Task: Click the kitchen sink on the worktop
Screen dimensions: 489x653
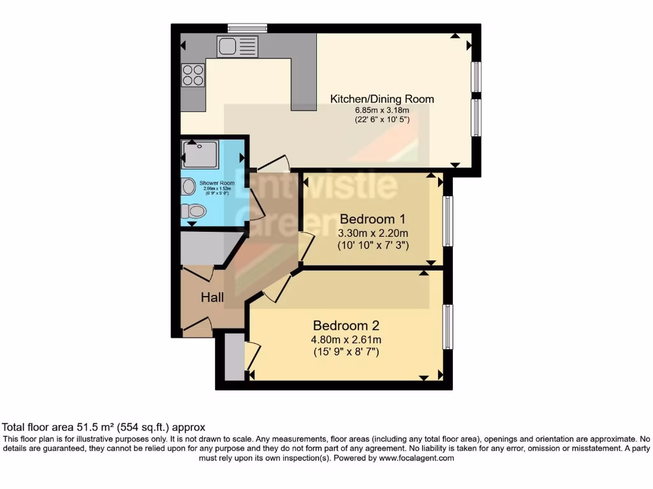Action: click(x=237, y=46)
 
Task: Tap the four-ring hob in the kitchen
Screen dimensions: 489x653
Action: click(x=193, y=76)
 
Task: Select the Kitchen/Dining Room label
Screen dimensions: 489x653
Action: click(x=381, y=99)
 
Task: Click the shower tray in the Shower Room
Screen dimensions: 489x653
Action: click(x=201, y=153)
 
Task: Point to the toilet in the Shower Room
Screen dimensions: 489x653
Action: click(x=194, y=211)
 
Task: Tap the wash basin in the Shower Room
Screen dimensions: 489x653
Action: click(x=188, y=186)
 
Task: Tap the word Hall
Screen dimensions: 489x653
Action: click(x=212, y=297)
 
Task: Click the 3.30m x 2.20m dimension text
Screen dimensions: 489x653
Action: click(x=373, y=232)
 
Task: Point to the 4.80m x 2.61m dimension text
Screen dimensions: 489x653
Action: click(x=346, y=339)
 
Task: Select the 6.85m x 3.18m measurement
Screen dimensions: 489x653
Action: click(x=382, y=110)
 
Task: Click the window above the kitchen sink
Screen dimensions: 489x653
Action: click(x=247, y=27)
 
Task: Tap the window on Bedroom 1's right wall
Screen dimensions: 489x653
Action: click(x=448, y=221)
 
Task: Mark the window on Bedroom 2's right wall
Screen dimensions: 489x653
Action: click(x=448, y=327)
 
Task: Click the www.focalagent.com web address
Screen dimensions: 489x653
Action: click(x=416, y=458)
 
